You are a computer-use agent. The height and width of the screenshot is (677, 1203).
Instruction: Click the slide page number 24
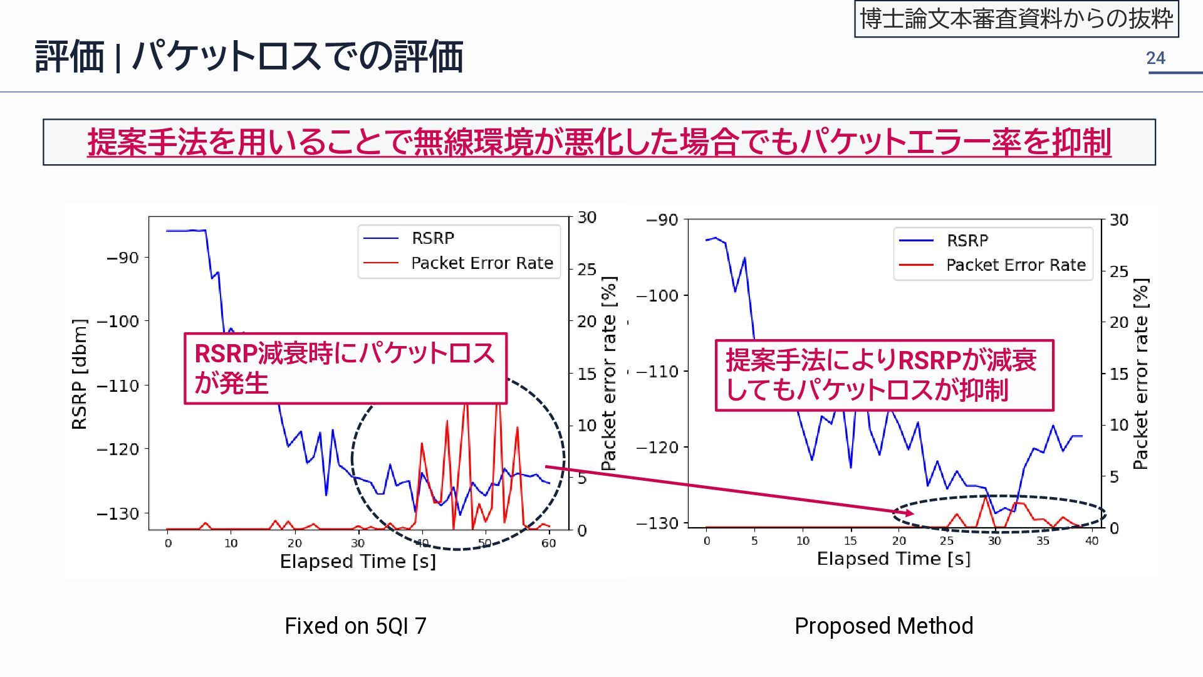1155,58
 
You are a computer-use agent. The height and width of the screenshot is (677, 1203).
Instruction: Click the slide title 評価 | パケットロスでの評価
249,56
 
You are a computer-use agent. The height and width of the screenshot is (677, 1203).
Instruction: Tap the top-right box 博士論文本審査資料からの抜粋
1016,19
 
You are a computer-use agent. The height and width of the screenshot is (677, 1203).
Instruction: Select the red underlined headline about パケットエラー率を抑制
599,142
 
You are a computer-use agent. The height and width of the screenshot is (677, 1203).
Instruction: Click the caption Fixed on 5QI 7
355,626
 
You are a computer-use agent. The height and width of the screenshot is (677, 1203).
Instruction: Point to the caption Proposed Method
883,626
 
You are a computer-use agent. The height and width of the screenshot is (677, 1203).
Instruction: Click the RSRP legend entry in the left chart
432,238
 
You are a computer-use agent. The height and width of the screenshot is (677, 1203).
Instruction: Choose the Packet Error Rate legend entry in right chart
1015,265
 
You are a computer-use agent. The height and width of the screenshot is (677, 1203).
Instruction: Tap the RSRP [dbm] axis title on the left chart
80,374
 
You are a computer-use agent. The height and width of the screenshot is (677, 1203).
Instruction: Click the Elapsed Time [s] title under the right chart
893,559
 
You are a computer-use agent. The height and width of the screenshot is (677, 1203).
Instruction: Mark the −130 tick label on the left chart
118,513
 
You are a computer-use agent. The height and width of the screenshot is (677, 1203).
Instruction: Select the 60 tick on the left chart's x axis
548,543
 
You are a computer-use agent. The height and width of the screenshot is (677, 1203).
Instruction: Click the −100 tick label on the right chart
657,295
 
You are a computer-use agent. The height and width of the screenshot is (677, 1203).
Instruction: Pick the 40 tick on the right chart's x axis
1091,541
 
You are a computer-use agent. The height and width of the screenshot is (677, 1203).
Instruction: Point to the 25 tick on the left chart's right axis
586,270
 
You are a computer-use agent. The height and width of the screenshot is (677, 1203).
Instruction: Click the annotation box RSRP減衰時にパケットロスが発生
345,368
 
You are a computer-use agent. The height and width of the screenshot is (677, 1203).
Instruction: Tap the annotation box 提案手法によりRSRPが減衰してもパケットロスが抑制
884,375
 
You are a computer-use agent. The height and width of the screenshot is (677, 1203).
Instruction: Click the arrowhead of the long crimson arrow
909,513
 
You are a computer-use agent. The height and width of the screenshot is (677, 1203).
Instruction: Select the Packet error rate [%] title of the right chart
1141,374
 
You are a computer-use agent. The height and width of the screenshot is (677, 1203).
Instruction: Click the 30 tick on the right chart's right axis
1119,220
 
